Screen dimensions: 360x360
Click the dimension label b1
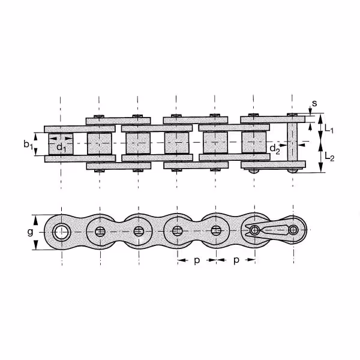[28, 145]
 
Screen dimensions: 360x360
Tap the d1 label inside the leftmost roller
[61, 148]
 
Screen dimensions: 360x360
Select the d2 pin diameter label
[275, 149]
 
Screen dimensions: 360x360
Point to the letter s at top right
[314, 103]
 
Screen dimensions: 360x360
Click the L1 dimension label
[329, 129]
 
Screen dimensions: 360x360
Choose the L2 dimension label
[329, 157]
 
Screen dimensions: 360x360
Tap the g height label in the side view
[30, 232]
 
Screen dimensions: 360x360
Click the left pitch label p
[197, 260]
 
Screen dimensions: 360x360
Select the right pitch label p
[236, 260]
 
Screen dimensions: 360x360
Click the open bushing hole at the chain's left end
[62, 232]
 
